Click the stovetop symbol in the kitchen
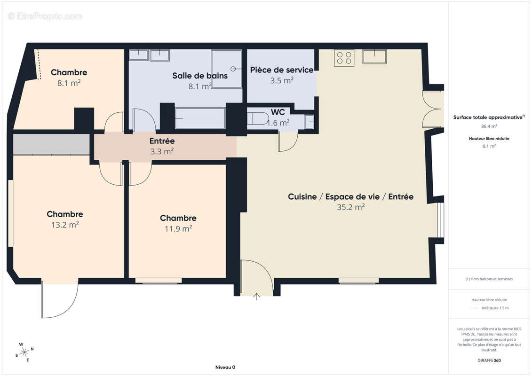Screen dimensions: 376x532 pos(344,57)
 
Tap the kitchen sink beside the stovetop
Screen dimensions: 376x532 pos(374,56)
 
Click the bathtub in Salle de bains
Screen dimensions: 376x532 pos(200,118)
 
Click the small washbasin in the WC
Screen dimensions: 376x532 pos(309,122)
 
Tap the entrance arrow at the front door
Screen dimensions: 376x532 pos(257,296)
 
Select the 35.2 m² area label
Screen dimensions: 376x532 pos(350,207)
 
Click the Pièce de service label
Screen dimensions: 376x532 pos(281,70)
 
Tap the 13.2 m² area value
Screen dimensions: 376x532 pos(65,225)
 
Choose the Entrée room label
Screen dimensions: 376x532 pos(162,141)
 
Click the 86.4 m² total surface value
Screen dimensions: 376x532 pos(489,126)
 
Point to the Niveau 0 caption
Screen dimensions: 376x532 pos(225,367)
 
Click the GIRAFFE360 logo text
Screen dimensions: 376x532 pos(489,361)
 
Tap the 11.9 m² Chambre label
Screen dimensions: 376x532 pos(178,219)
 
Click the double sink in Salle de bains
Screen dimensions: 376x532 pos(150,55)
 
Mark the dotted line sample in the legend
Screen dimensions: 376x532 pos(475,308)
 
